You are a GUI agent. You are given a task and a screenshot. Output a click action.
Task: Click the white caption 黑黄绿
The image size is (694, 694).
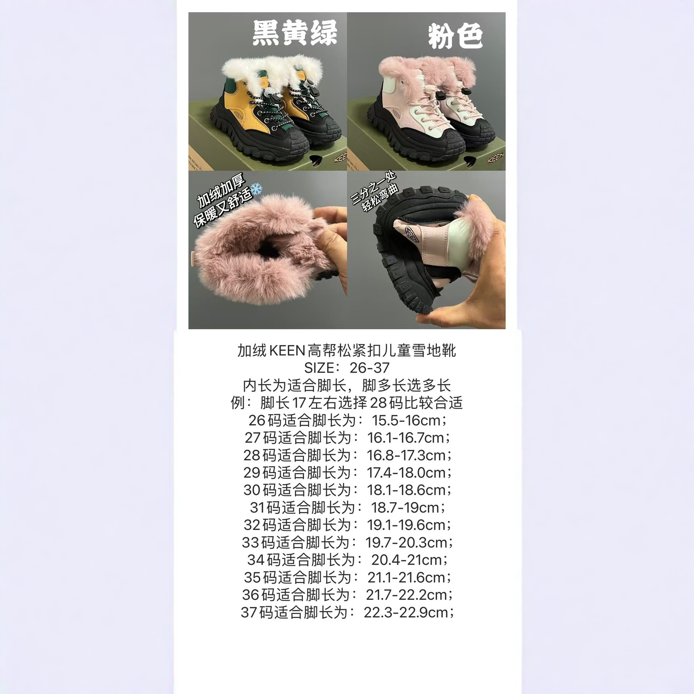(294, 33)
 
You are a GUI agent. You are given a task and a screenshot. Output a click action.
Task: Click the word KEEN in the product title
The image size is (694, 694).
(287, 351)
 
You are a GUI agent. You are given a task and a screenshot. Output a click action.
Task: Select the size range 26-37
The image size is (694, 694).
(369, 368)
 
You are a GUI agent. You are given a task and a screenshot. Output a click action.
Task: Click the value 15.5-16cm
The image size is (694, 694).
(406, 420)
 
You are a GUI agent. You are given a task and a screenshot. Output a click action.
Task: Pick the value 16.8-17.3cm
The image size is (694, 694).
(406, 455)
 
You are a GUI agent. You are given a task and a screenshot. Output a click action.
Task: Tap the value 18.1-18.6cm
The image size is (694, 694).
(406, 490)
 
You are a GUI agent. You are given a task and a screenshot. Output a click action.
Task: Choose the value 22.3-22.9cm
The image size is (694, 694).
(406, 613)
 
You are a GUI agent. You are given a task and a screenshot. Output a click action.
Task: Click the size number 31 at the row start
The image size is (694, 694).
(257, 508)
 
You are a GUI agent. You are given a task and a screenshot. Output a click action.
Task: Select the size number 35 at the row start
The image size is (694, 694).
(252, 578)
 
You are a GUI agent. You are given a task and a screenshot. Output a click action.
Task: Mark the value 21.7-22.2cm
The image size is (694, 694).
(406, 595)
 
